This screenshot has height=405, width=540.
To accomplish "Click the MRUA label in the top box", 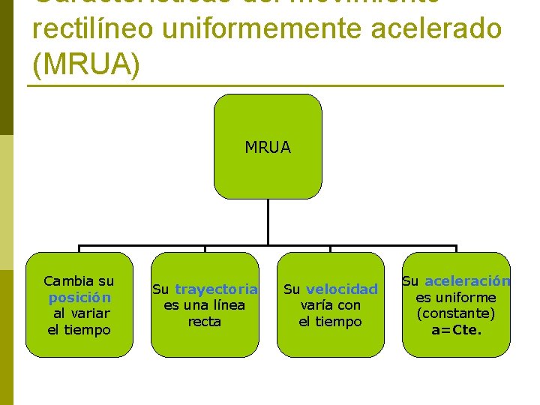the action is (x=268, y=148).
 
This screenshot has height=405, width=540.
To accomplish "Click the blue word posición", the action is (x=79, y=298).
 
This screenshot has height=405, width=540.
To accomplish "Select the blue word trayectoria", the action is (x=216, y=289).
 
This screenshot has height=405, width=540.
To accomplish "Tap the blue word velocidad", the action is (x=342, y=289).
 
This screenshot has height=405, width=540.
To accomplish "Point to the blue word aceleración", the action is (x=467, y=281).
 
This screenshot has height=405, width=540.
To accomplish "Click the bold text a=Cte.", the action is (x=456, y=330).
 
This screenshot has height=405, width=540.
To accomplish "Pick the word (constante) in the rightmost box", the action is (x=456, y=313).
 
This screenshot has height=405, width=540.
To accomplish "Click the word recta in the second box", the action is (x=204, y=322).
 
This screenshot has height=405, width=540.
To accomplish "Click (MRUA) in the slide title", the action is (x=86, y=64).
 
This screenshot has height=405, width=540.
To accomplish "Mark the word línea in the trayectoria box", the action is (x=229, y=305).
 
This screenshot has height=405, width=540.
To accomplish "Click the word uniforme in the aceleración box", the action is (x=466, y=298).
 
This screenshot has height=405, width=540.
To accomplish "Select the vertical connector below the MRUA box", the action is (x=268, y=222).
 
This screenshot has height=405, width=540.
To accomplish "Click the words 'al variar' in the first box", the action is (x=81, y=313).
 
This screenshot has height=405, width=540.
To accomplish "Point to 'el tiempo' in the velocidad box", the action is (x=330, y=322).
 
